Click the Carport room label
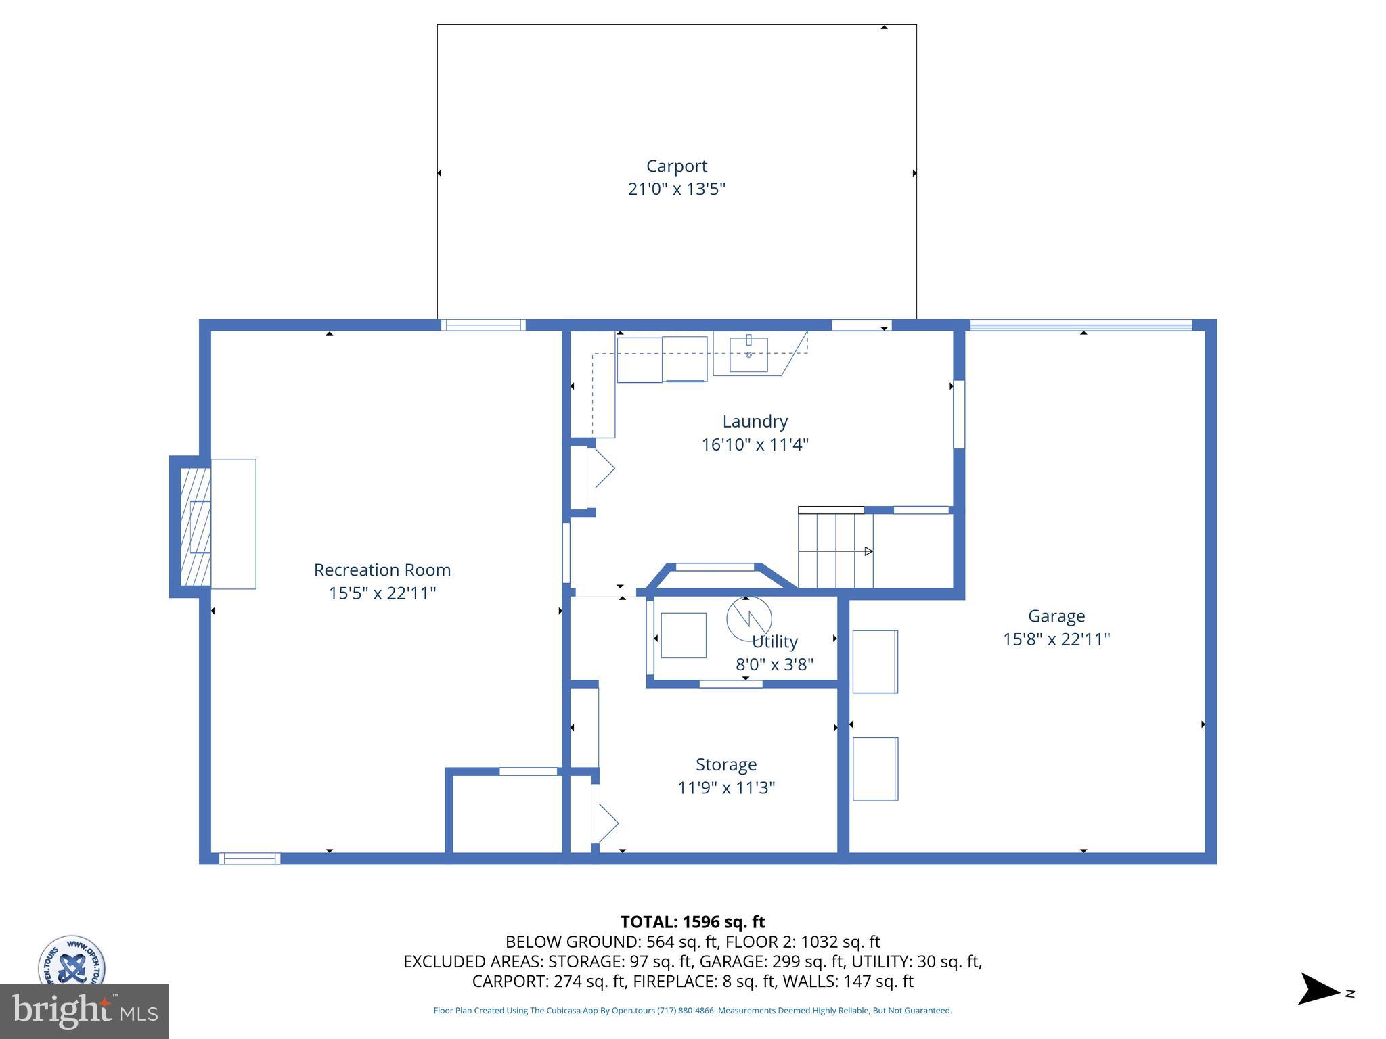point(676,166)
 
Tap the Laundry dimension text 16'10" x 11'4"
point(755,444)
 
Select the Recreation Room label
point(382,570)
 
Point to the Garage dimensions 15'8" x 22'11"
point(1056,639)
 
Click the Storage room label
point(725,764)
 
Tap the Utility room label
point(775,641)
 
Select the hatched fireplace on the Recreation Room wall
point(195,527)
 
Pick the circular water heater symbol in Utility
point(748,618)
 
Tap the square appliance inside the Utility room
point(683,635)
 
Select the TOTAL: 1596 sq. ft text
point(692,922)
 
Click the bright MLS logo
point(84,1011)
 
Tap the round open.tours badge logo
point(71,961)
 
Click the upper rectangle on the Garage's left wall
point(875,662)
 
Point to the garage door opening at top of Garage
point(1081,325)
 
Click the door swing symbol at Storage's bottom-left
point(604,823)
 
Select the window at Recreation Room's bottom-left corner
point(249,858)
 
